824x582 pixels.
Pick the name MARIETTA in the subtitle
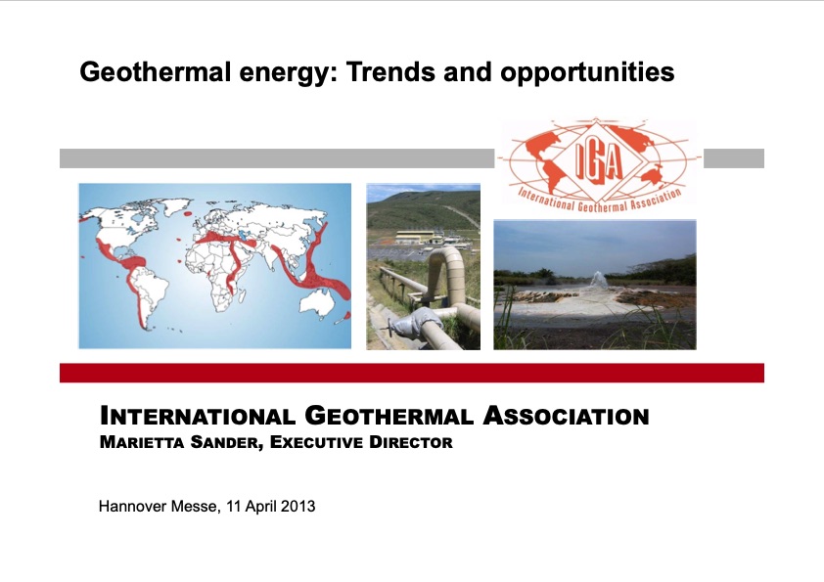click(145, 442)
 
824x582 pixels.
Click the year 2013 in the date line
click(298, 507)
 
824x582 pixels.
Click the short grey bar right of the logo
click(733, 158)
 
